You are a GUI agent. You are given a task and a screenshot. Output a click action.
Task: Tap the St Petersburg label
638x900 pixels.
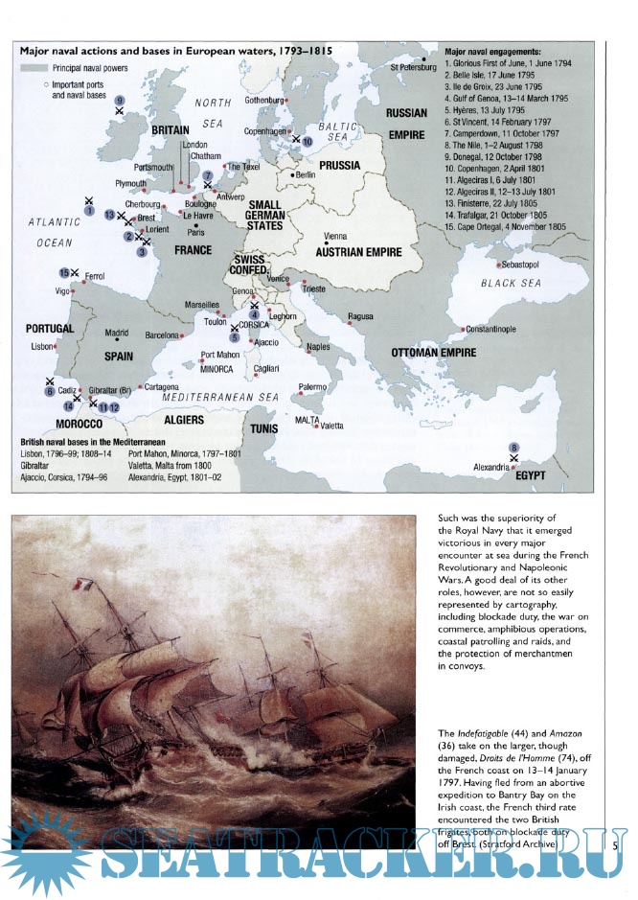coord(413,67)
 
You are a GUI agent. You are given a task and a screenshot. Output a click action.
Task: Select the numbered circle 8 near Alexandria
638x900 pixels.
coord(514,448)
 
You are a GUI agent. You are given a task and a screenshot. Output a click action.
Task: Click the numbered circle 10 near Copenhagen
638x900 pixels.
coord(307,141)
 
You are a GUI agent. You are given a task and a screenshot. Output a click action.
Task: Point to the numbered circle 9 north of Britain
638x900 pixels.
coord(119,100)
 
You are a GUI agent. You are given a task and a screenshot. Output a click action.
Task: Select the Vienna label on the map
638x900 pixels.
coord(335,235)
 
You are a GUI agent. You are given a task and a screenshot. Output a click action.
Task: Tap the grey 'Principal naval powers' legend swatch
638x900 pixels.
coord(34,68)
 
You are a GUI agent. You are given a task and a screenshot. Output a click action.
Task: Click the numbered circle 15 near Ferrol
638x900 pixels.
coord(65,272)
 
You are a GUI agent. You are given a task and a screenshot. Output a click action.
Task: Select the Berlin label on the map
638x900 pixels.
coord(307,175)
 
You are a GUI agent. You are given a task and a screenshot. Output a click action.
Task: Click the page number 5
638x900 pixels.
coord(615,844)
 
